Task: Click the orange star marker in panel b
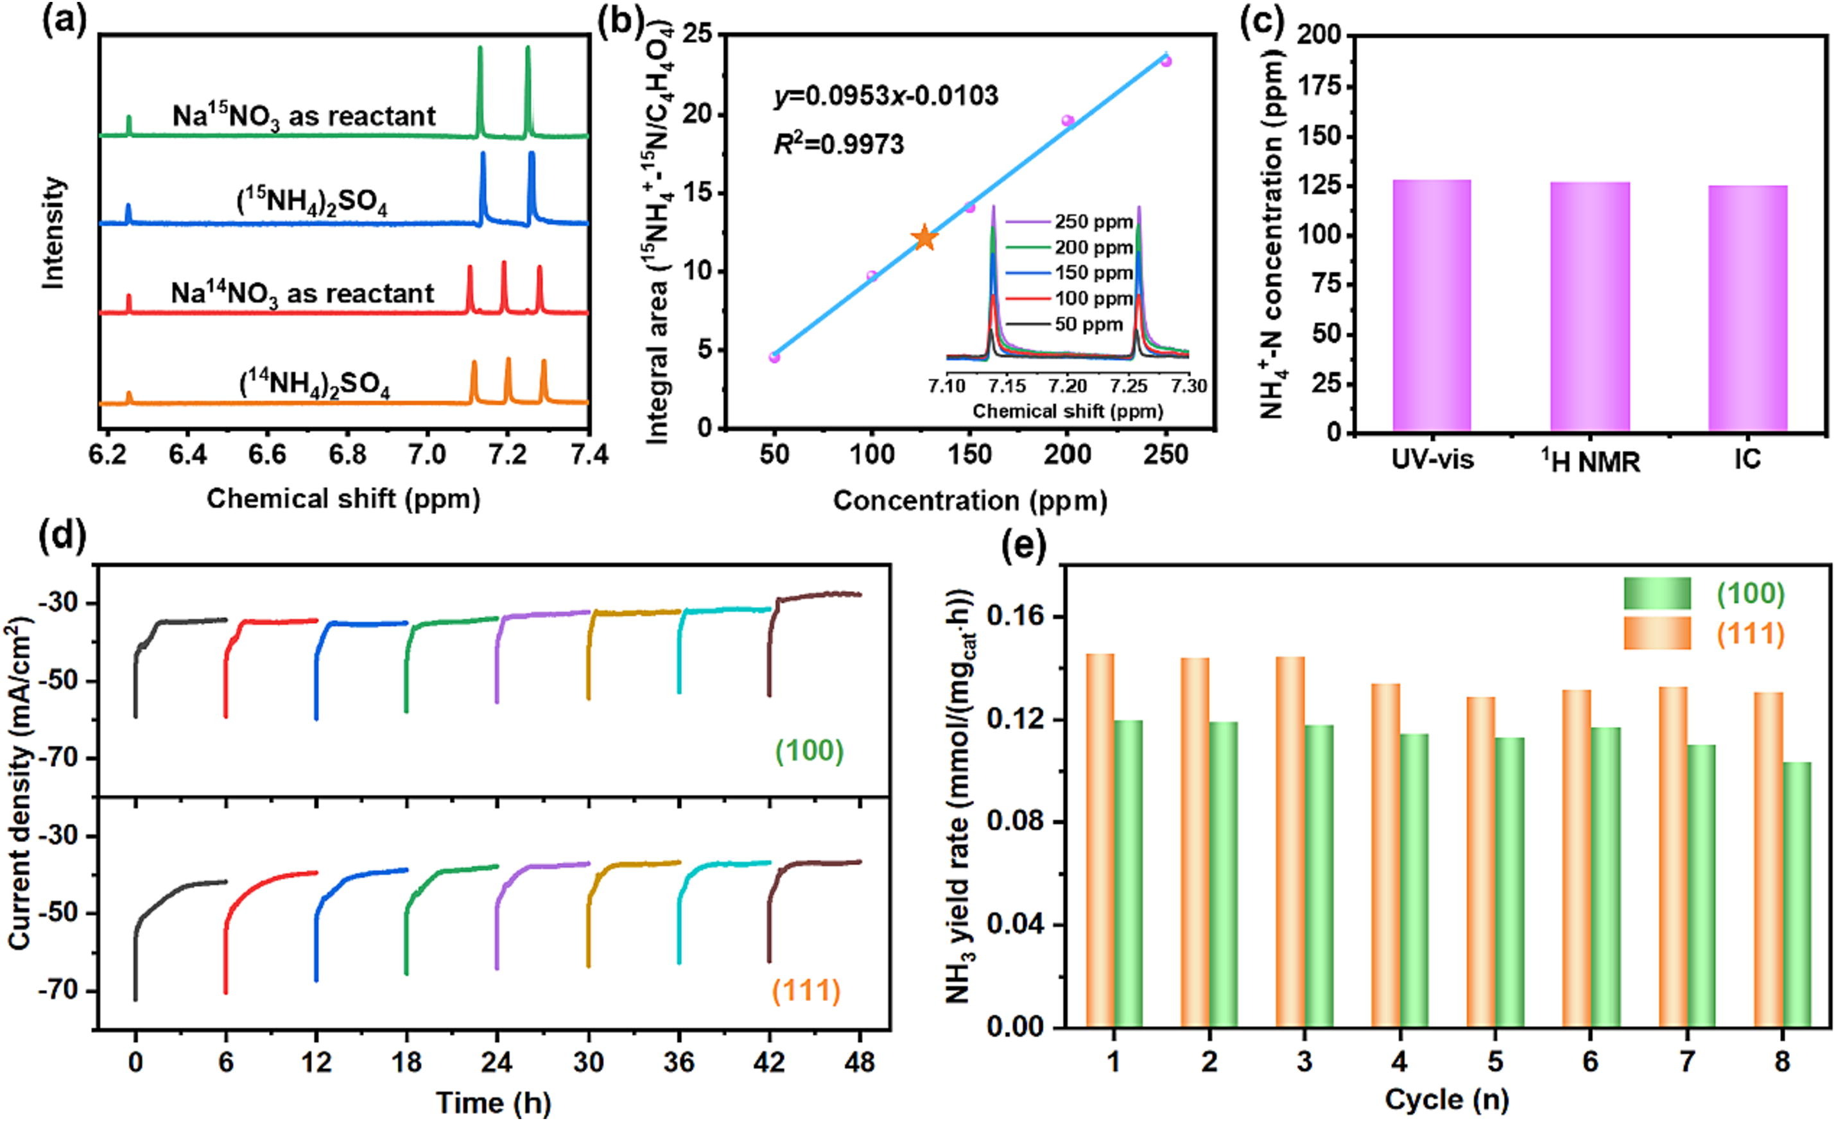[924, 237]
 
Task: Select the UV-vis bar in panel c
[1432, 305]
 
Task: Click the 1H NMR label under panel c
[1590, 462]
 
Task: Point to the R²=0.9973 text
[838, 144]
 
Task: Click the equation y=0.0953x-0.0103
[886, 96]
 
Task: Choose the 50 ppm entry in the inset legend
[1089, 324]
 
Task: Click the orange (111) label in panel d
[806, 991]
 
